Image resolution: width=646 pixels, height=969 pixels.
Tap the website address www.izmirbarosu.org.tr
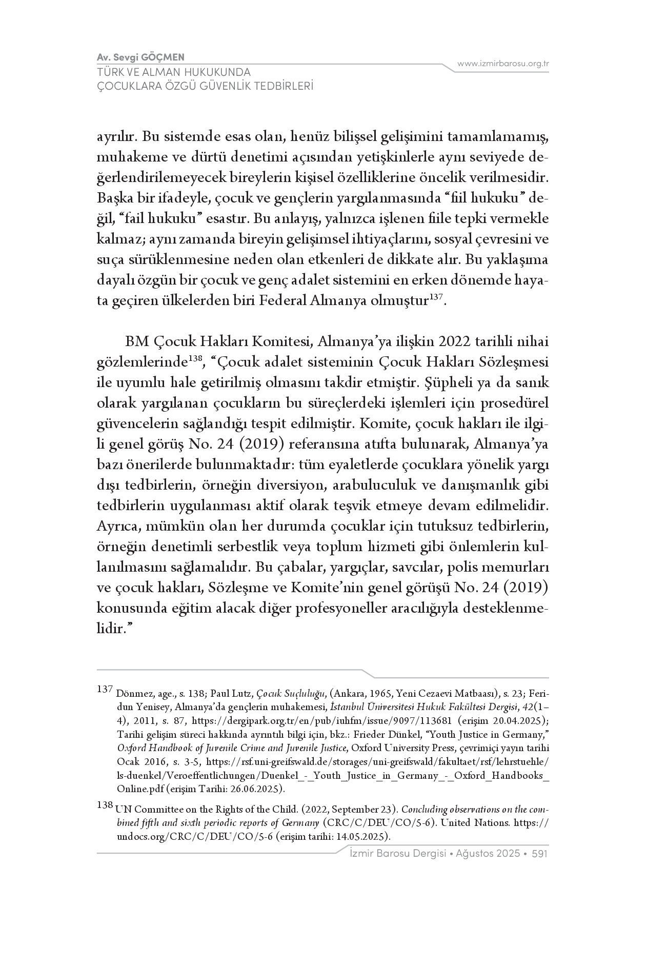point(503,64)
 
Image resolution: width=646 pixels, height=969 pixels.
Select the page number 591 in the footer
point(540,854)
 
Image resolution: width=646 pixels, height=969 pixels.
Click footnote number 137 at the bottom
point(104,689)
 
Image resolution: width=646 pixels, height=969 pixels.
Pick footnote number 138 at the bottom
point(104,805)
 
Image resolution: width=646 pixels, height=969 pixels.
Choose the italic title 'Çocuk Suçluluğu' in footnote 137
point(291,694)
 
